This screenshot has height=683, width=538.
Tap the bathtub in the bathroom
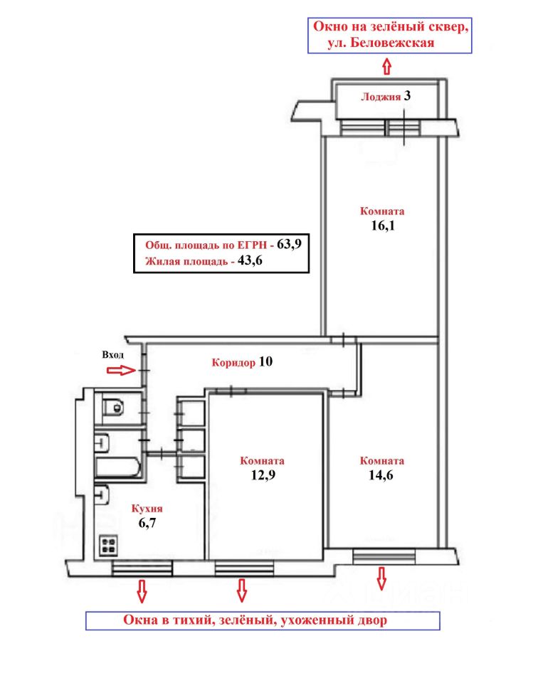coord(117,467)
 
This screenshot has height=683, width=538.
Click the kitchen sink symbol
coord(102,494)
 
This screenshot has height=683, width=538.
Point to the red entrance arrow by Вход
coord(122,370)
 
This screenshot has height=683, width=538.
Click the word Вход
coord(113,354)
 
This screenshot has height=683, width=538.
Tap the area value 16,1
coord(382,226)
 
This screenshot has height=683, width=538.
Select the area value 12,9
coord(263,475)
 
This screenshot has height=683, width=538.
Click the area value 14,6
coord(381,475)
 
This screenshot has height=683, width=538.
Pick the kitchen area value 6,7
coord(147,523)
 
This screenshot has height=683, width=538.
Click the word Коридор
coord(233,362)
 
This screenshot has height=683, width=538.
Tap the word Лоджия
coord(381,97)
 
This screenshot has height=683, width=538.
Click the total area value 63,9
coord(289,243)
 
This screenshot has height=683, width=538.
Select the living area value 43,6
coord(250,260)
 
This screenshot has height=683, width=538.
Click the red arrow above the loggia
coord(387,67)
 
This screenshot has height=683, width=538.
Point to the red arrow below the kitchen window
coord(142,591)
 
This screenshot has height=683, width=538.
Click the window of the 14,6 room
coord(384,556)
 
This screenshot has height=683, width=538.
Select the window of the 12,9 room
coord(244,568)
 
